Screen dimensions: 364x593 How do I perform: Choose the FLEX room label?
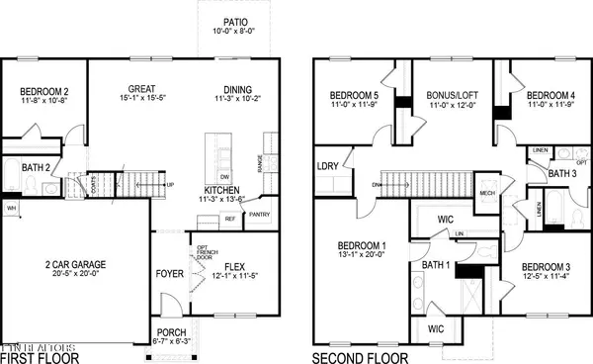coord(233,265)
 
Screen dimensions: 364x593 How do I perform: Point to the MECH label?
coord(486,193)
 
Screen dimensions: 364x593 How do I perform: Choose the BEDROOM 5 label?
coord(354,96)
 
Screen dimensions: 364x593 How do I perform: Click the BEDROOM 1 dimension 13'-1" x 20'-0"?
coord(356,255)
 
